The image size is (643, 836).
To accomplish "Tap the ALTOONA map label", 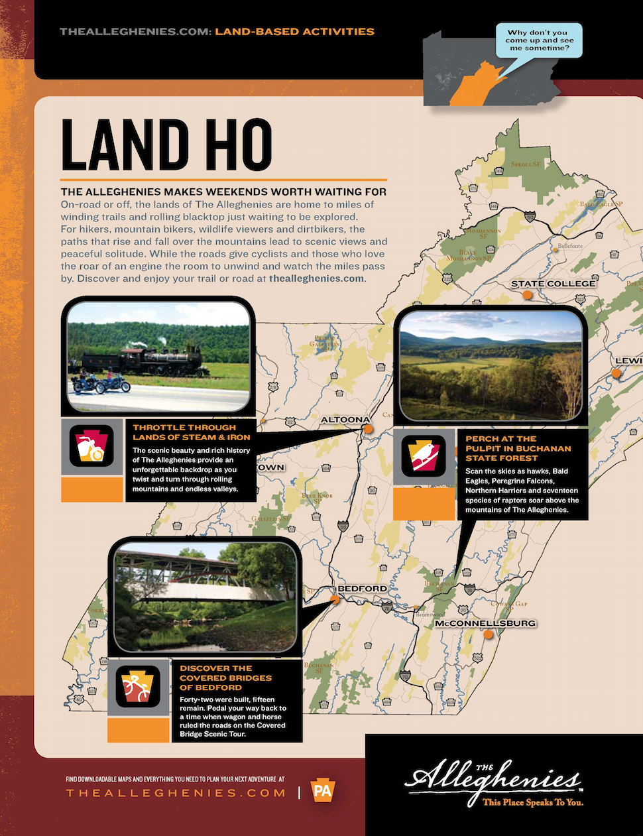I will pos(345,420).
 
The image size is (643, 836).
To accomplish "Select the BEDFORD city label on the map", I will pos(362,589).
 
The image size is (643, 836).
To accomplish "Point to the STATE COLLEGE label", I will pos(553,284).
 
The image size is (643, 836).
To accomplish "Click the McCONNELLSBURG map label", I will pos(485,623).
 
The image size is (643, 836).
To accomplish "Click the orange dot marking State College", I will pos(527,295).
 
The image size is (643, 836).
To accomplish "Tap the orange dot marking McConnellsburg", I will pos(489,634).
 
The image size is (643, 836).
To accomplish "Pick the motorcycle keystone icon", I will pos(91,446).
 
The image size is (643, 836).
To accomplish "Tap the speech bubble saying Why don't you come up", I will pos(539,40).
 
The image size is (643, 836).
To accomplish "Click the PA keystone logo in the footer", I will pos(323,792).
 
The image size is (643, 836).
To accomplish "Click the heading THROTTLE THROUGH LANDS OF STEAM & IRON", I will pos(191,432).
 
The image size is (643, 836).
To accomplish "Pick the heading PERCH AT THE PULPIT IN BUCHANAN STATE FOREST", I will pos(518,448).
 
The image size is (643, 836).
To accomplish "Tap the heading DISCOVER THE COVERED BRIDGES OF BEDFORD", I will pos(225,678).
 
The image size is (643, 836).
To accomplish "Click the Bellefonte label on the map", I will pos(570,246).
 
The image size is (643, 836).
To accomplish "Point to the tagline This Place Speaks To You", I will pos(533,802).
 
